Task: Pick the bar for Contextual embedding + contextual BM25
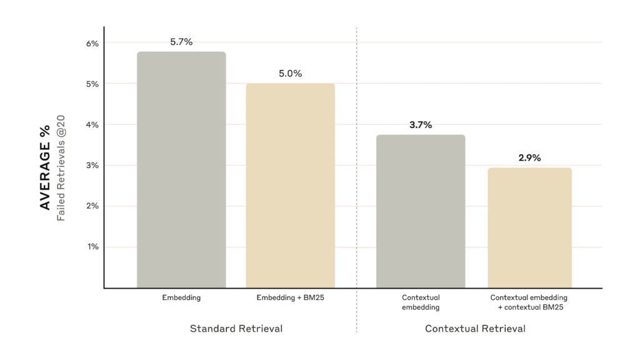tap(529, 227)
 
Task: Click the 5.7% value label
tap(181, 42)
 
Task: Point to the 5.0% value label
tap(290, 73)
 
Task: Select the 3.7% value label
tap(420, 124)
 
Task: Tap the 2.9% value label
tap(529, 157)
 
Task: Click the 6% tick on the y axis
tap(92, 43)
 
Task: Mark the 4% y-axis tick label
tap(92, 124)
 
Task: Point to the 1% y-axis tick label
tap(92, 247)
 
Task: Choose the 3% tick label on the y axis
tap(92, 166)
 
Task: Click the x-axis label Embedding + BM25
tap(290, 298)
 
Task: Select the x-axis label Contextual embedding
tap(420, 302)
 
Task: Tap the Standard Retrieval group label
tap(236, 329)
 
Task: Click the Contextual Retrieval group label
tap(475, 329)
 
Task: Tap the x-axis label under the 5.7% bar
tap(181, 298)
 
